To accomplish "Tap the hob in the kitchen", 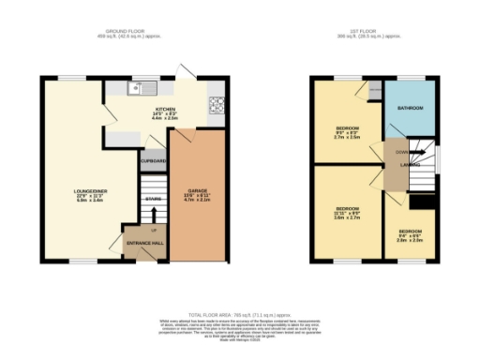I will pyautogui.click(x=217, y=104).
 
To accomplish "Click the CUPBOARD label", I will pyautogui.click(x=154, y=161).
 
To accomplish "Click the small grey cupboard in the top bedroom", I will pyautogui.click(x=374, y=89).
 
